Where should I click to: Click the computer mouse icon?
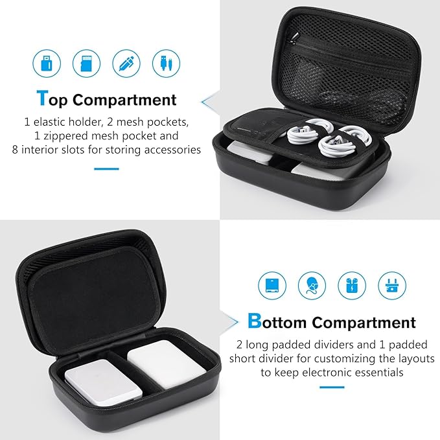click(x=312, y=285)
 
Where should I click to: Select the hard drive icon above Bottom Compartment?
click(x=272, y=285)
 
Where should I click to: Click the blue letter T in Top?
click(x=42, y=98)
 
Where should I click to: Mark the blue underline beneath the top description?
click(x=106, y=168)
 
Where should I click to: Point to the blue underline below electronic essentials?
click(x=331, y=389)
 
